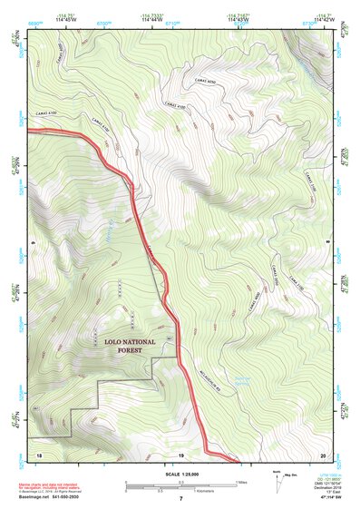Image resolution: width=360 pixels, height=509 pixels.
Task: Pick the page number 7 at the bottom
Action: (x=180, y=500)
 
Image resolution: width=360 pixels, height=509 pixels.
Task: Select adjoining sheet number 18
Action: (x=38, y=453)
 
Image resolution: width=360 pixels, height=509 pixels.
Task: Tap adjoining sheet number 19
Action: (x=180, y=453)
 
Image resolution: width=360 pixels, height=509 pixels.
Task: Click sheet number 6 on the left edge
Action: (x=32, y=243)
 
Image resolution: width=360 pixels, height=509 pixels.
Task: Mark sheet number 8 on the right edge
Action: (x=327, y=243)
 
